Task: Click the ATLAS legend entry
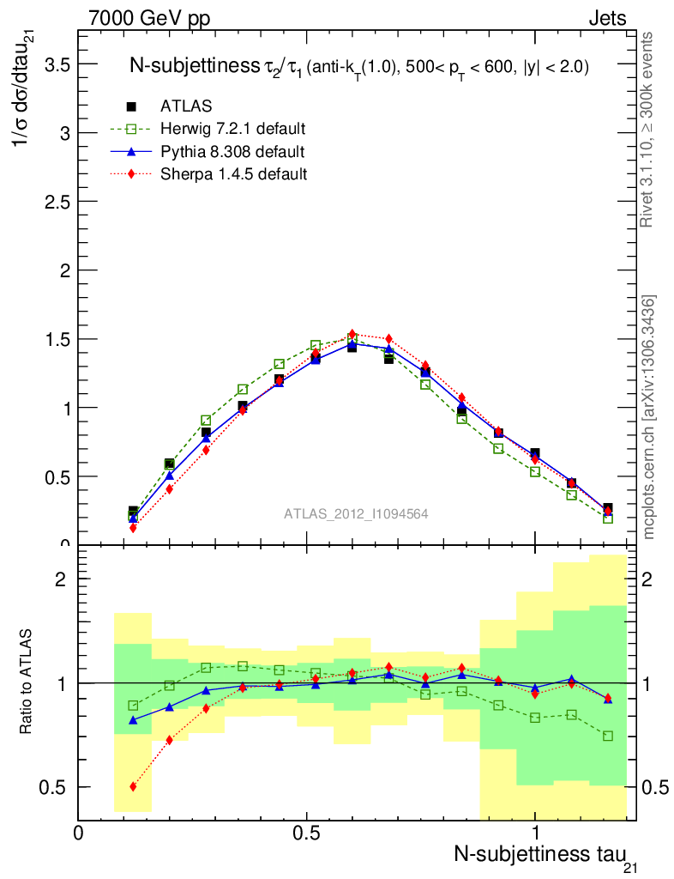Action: (186, 106)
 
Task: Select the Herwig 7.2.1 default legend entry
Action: (232, 129)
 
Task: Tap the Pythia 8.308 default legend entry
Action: (232, 151)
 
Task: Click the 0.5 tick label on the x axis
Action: (306, 833)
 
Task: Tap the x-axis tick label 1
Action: (535, 833)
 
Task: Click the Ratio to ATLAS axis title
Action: (27, 682)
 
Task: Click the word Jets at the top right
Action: (606, 19)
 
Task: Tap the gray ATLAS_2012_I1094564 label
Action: (356, 513)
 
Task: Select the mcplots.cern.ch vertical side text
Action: (649, 416)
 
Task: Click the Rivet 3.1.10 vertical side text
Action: (649, 129)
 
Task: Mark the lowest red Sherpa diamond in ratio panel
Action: (133, 786)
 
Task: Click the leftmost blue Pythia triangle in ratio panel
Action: (133, 720)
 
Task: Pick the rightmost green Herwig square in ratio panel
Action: (608, 736)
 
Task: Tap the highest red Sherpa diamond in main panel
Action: (352, 334)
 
